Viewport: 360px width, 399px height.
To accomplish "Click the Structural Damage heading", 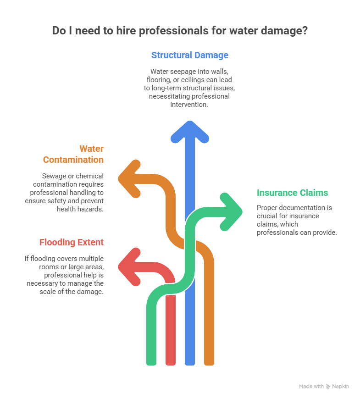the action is pos(190,55).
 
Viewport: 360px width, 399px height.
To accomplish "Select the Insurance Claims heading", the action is pos(292,193).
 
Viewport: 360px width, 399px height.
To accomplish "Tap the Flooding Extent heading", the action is pos(72,242).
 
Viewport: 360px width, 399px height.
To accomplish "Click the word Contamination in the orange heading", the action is pos(73,160).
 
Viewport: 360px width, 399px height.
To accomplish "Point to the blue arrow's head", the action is pos(190,131).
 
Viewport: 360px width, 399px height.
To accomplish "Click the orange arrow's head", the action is pos(128,179).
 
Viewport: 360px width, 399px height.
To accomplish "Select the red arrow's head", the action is pos(128,267).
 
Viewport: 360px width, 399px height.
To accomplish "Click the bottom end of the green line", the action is pos(151,364).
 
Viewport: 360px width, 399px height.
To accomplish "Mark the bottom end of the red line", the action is pos(171,364).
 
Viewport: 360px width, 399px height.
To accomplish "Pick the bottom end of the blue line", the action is pos(190,364).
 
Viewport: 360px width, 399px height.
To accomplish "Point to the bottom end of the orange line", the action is pos(209,364).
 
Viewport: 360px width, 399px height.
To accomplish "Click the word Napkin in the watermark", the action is pos(340,386).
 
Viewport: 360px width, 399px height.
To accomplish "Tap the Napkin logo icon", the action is pos(328,387).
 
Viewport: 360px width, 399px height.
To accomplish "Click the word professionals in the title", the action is pos(173,31).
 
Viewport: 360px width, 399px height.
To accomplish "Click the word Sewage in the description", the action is pos(54,176).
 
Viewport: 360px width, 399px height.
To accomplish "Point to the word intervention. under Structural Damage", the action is pos(189,105).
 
